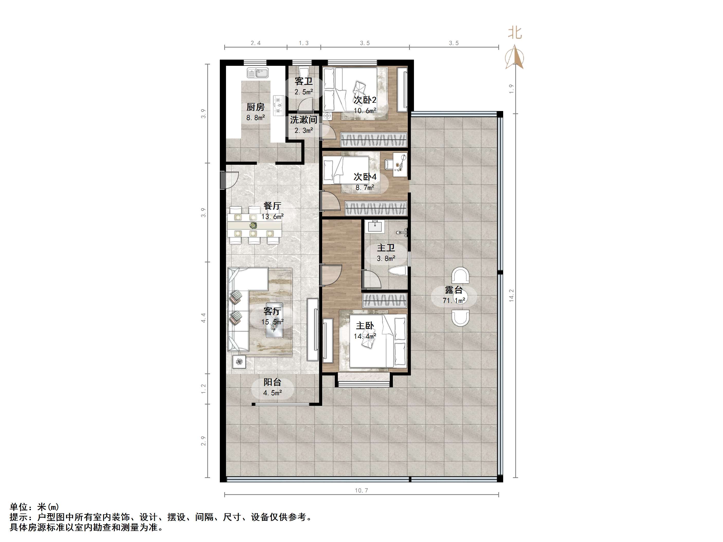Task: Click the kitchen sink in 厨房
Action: tap(258, 72)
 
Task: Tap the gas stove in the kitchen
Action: tap(278, 105)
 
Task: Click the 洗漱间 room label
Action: tap(304, 120)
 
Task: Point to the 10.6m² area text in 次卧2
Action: tap(365, 111)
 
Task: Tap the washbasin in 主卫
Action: tap(375, 226)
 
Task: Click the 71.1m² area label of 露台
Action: tap(454, 300)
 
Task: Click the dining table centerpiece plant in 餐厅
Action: tap(253, 225)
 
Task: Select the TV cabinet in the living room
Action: tap(312, 329)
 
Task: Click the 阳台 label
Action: tap(273, 382)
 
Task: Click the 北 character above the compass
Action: tap(515, 33)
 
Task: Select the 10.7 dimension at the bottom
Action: tap(361, 490)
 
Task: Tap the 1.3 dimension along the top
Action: tap(304, 43)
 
